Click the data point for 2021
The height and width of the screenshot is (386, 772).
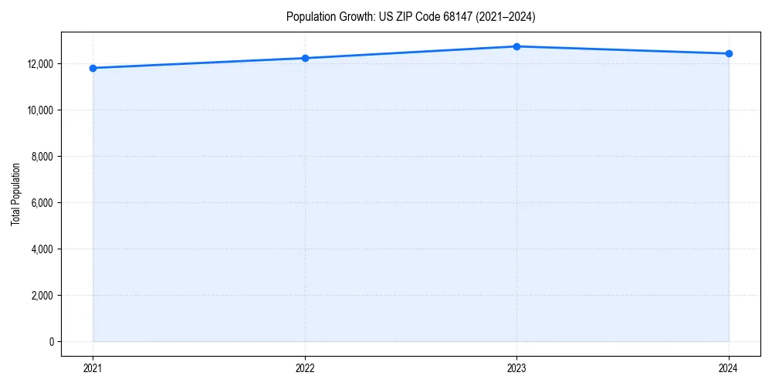93,68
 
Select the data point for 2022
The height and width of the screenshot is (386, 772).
305,58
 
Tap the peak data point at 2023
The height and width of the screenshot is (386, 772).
516,46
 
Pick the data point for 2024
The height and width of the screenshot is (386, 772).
729,53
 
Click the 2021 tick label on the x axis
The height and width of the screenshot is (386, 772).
93,368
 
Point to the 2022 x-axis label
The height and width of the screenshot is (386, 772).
305,368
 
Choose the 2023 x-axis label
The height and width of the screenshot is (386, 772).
516,368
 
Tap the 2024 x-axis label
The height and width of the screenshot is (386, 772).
729,368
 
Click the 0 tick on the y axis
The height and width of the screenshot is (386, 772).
50,342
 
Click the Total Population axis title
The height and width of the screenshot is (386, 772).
15,194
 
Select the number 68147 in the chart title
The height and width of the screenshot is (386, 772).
454,16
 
